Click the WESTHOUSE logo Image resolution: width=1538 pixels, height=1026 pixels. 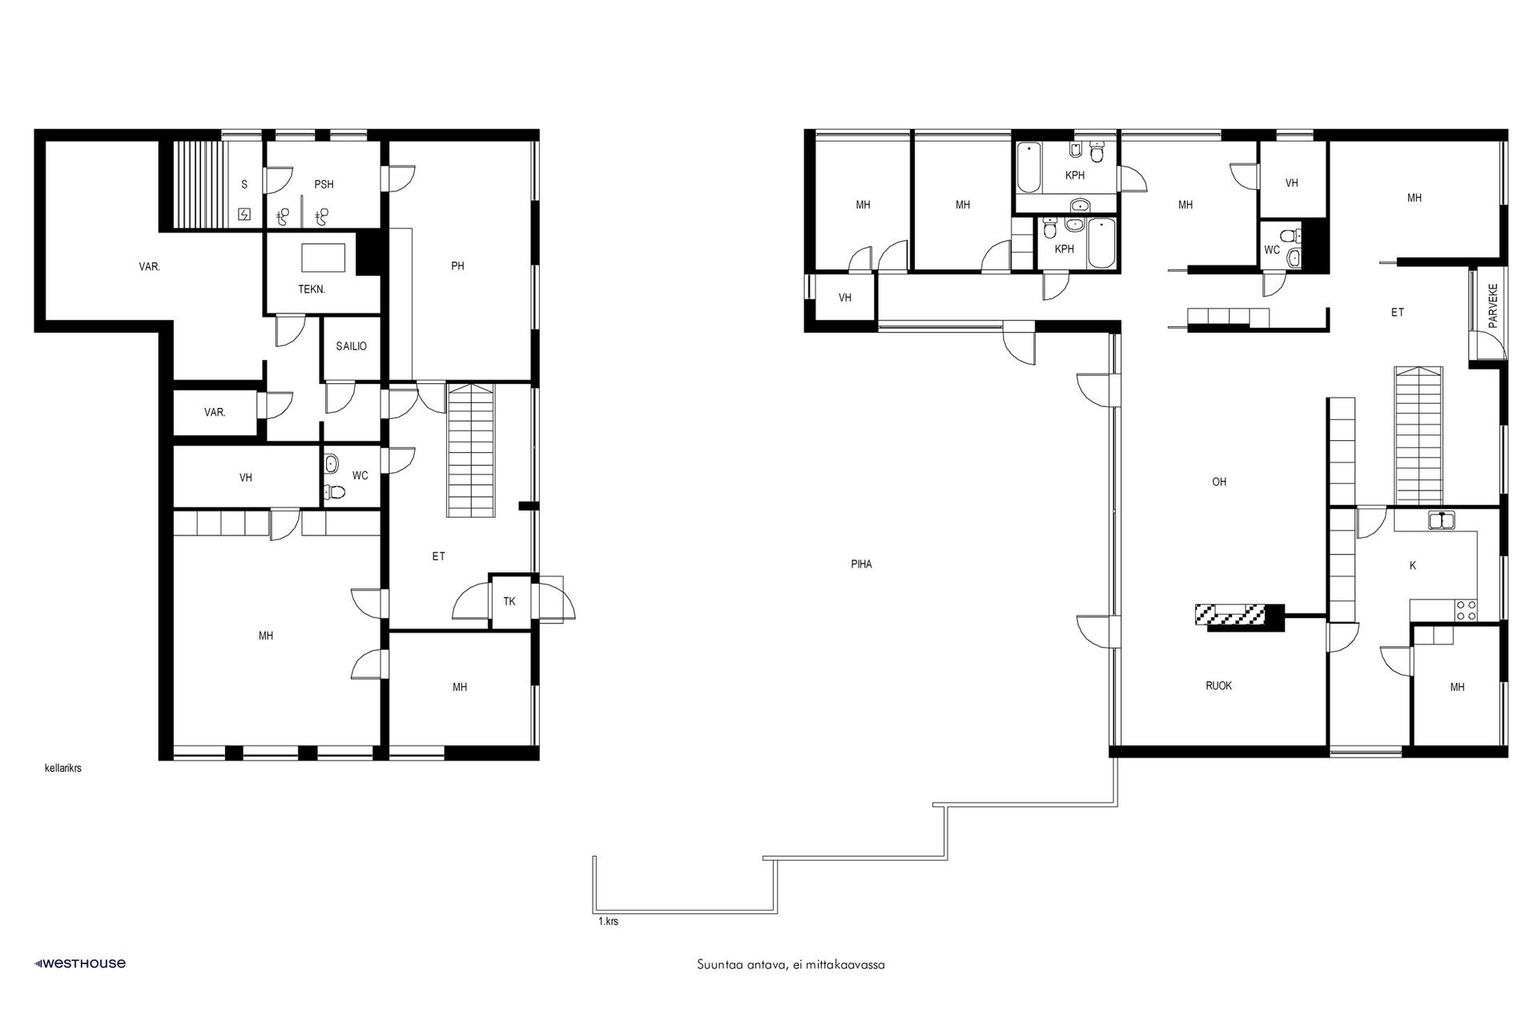[79, 963]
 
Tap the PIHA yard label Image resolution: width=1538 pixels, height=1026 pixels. [862, 564]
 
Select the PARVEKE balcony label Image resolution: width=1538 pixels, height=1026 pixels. [1492, 306]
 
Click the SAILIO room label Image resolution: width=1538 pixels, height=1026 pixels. [352, 346]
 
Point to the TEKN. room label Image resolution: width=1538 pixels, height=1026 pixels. [312, 289]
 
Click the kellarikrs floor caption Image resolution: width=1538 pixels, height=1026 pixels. [63, 768]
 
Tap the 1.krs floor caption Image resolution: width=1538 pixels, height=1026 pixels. [608, 922]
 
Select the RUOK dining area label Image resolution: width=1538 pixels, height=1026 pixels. [1219, 686]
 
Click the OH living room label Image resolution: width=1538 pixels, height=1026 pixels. [1219, 482]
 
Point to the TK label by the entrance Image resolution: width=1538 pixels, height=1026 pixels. [509, 601]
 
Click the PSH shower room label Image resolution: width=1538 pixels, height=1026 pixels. [324, 184]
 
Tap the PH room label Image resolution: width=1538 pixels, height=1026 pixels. [457, 266]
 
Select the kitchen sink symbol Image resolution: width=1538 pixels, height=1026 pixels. [1442, 521]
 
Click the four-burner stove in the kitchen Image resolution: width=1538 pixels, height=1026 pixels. [1467, 610]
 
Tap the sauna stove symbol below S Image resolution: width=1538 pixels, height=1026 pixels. [244, 214]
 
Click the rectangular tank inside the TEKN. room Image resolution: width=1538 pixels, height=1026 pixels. [324, 258]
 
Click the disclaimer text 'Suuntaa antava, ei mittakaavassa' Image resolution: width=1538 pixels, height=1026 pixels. [791, 965]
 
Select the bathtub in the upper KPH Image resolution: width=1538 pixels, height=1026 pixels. [1028, 167]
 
